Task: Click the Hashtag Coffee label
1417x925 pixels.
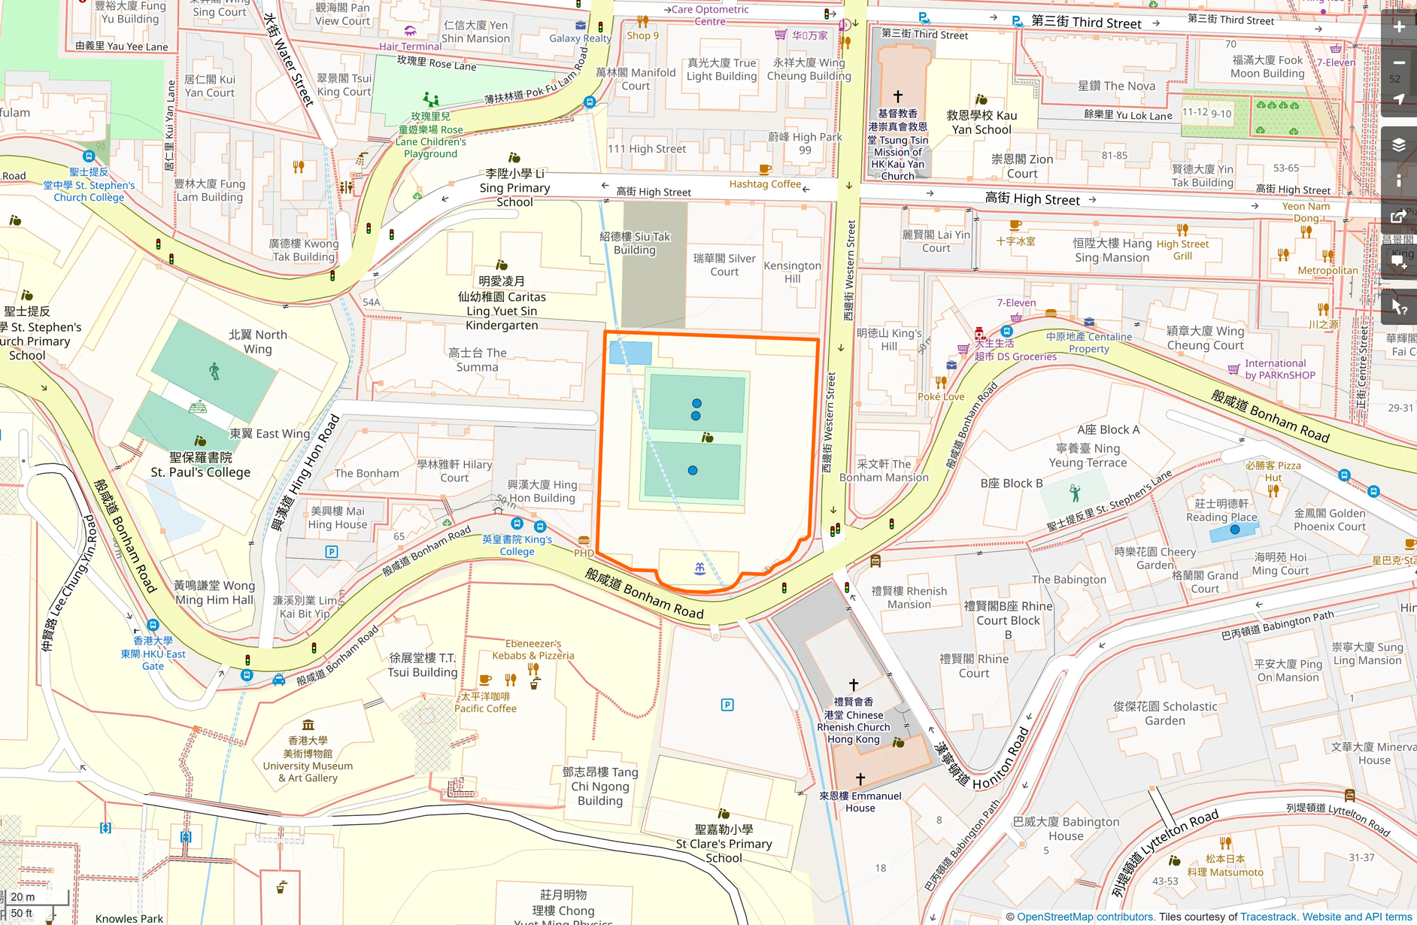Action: (764, 184)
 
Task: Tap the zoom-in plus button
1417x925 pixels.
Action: (1398, 27)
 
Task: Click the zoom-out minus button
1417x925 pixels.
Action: (1398, 63)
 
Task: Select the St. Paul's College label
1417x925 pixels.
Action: (200, 465)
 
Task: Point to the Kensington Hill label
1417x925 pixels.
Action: (792, 272)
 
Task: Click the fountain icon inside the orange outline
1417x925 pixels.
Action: (699, 569)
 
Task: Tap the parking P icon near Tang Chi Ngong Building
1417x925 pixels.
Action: (727, 705)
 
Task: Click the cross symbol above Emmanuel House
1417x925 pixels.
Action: (860, 779)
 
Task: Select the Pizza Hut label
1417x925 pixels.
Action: (1273, 472)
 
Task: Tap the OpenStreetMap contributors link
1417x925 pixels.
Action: (1085, 917)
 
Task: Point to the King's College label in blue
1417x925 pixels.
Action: (517, 545)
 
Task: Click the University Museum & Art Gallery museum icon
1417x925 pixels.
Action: (308, 725)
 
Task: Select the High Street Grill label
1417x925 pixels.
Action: (1182, 250)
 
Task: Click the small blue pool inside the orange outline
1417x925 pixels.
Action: (630, 353)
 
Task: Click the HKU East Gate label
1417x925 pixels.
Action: (153, 653)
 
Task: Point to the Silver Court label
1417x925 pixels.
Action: (724, 265)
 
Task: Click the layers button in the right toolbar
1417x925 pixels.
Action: (1398, 145)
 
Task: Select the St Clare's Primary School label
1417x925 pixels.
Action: (724, 844)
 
